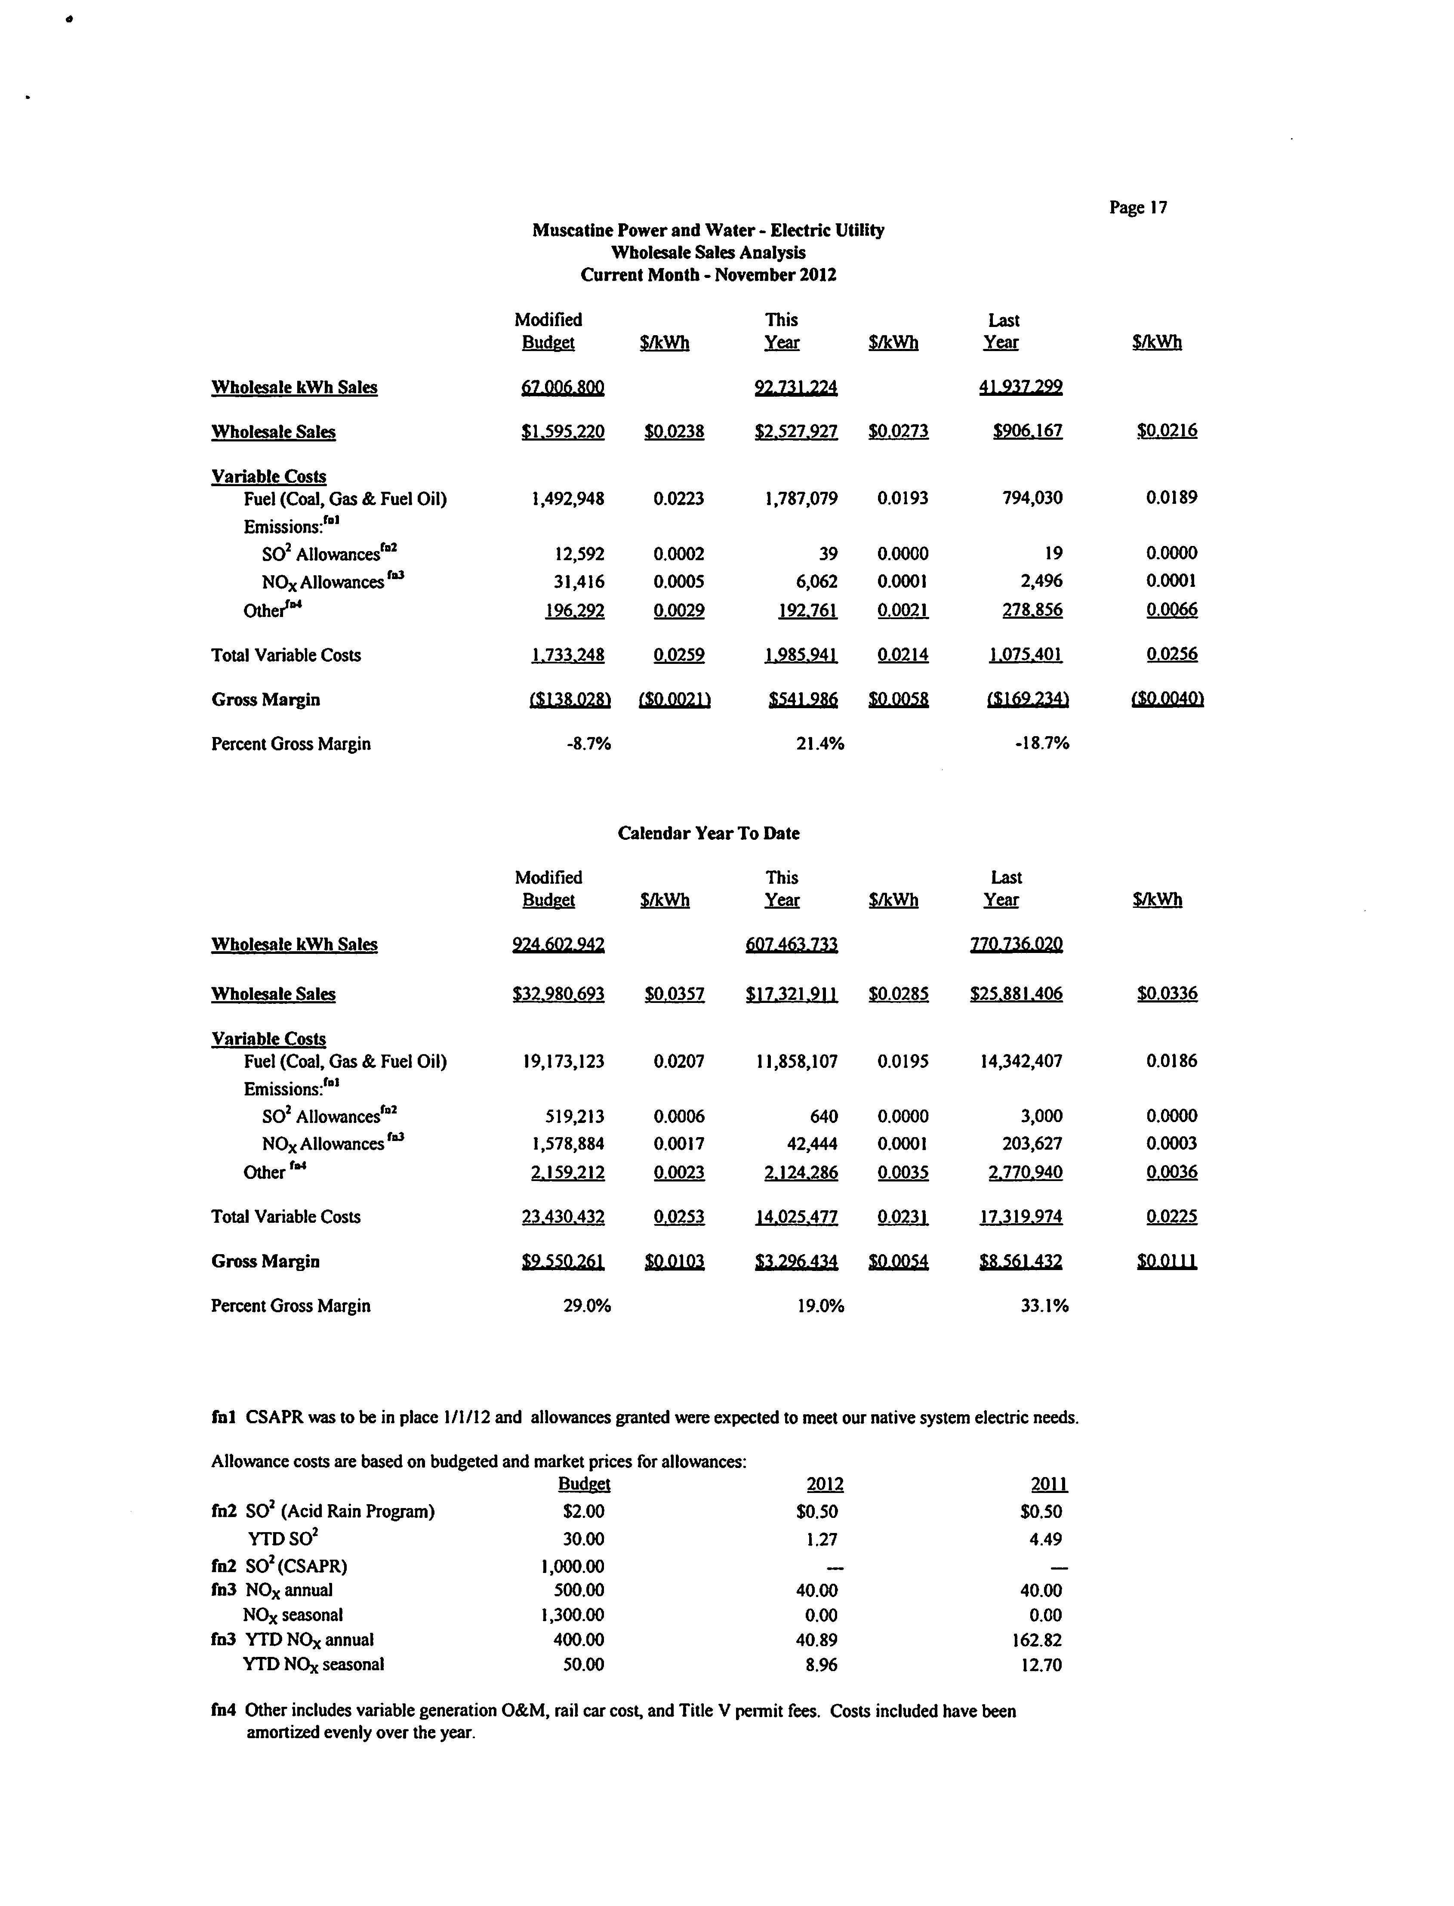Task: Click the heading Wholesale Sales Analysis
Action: tap(708, 253)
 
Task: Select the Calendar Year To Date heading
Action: tap(708, 833)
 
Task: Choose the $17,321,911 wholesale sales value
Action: tap(791, 994)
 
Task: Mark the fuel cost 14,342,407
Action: tap(1020, 1061)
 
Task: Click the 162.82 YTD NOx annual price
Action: tap(1041, 1639)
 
